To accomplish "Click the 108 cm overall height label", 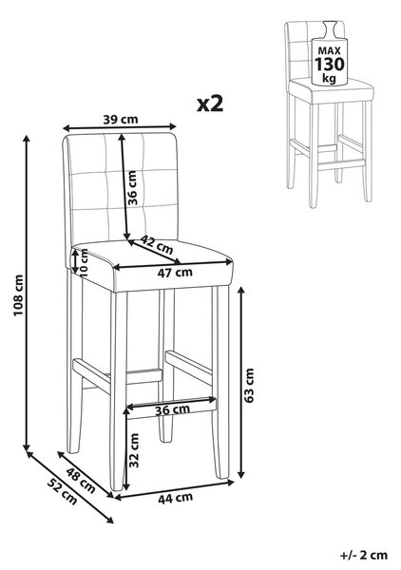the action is (x=19, y=295).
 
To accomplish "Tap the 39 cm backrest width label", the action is (x=121, y=120).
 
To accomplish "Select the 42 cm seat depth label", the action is (x=157, y=245).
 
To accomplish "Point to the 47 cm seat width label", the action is (x=175, y=273).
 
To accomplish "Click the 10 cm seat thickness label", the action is (x=85, y=263).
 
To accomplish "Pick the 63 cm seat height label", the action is (x=250, y=386).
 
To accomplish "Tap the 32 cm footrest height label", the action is (x=135, y=450).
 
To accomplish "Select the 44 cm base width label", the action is (x=175, y=498).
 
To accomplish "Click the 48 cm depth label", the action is (x=81, y=480).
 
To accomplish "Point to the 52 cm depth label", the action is (x=62, y=492).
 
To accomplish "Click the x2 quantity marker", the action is (x=210, y=104).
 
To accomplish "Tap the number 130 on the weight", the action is (x=329, y=64).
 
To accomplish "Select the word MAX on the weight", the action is (x=330, y=51).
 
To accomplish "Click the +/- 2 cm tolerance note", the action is (x=364, y=555).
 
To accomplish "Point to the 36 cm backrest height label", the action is (x=132, y=187).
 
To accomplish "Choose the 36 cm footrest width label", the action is (x=172, y=409).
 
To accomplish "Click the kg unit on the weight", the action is (x=330, y=78).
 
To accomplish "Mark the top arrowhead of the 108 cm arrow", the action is (x=27, y=140).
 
